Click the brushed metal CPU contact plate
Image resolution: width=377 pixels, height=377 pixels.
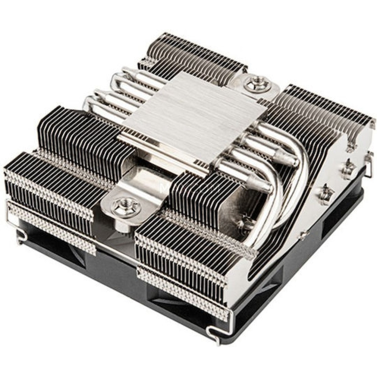[192, 116]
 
